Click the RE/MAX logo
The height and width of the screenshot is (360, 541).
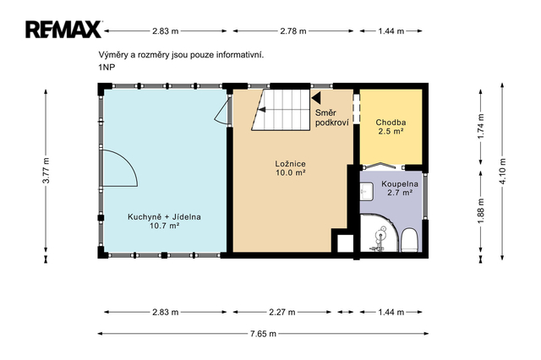pos(63,30)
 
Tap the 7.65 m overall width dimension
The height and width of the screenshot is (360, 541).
pos(263,334)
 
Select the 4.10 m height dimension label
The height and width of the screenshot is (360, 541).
pos(502,171)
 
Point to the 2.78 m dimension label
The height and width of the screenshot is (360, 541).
pos(293,31)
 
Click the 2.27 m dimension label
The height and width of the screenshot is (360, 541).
pos(281,312)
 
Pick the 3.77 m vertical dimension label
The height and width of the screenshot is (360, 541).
pos(46,171)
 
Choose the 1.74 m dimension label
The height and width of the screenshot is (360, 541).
pos(481,126)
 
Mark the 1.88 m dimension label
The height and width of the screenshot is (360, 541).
pos(481,210)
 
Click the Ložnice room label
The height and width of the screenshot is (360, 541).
pos(290,168)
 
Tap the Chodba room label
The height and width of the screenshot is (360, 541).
pos(391,127)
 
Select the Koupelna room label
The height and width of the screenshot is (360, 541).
pos(400,188)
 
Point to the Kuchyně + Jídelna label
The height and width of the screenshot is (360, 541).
pos(164,221)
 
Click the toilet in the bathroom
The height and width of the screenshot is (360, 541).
pos(410,239)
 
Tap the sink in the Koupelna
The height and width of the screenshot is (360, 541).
pos(366,192)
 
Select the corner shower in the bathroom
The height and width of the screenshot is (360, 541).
pos(380,233)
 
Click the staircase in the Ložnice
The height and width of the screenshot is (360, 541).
pos(281,110)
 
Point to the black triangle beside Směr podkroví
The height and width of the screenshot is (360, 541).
pos(316,97)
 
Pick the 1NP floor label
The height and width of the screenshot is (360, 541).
pos(107,68)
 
